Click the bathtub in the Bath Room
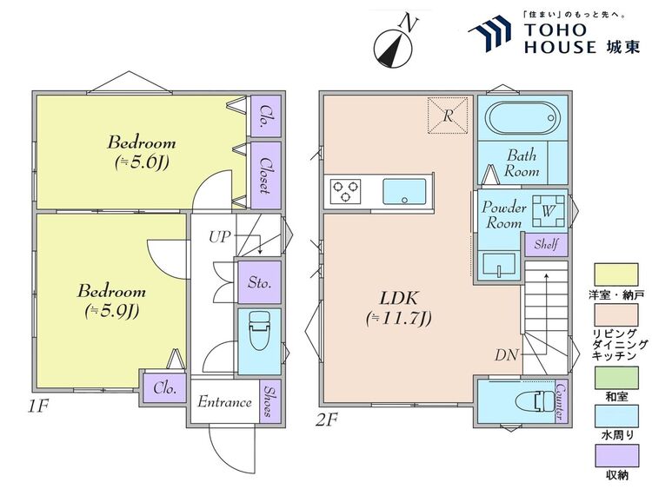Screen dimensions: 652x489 tap(523, 117)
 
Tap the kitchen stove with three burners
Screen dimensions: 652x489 tap(345, 191)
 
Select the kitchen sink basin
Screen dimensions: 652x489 tap(404, 192)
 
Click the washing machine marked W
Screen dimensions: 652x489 tap(549, 211)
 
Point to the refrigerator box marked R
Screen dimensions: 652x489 tap(448, 116)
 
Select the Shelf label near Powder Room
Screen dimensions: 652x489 tap(546, 244)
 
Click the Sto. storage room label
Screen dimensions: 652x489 tap(259, 282)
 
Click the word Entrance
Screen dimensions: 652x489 tap(224, 402)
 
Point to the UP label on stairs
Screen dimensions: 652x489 tap(219, 237)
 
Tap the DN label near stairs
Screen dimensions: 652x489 tap(507, 354)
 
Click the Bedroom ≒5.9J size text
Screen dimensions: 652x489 tap(111, 311)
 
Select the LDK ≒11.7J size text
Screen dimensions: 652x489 tap(399, 318)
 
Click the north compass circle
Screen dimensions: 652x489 tap(393, 48)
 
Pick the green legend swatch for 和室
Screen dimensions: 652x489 tap(616, 378)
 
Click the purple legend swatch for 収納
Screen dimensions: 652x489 tap(616, 456)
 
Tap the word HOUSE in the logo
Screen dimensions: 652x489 tap(560, 48)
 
